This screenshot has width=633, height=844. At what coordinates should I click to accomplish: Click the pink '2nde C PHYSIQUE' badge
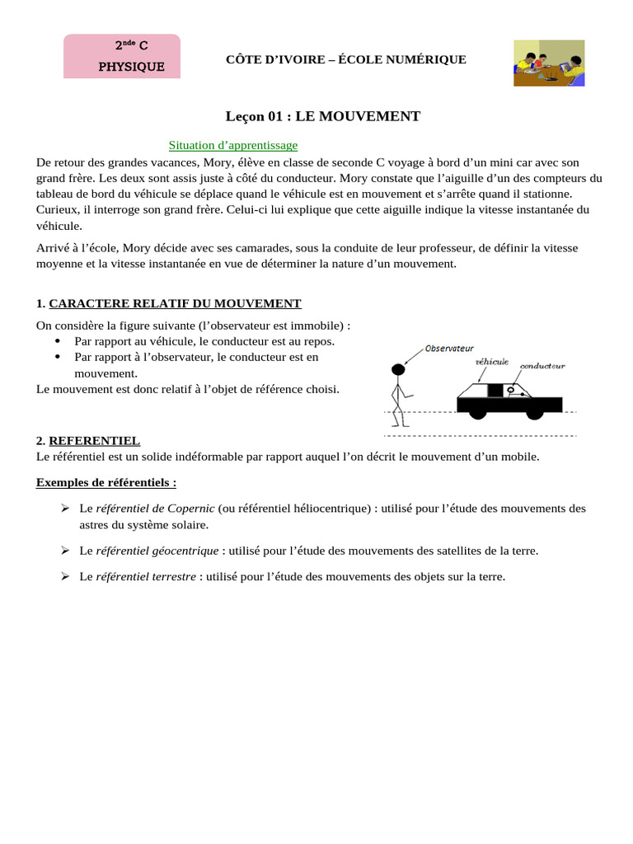coord(122,56)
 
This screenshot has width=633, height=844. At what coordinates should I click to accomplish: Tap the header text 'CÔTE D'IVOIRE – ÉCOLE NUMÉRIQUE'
coord(346,59)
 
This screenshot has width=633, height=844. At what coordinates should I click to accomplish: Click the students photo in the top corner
coord(549,63)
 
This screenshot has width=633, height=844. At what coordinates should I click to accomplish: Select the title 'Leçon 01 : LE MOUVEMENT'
coord(323,116)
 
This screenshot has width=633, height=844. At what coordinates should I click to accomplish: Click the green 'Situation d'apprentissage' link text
coord(233,145)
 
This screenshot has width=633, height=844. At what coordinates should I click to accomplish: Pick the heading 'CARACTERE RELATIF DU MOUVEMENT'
coord(175,303)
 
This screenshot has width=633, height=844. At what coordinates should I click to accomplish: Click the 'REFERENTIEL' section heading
coord(94,441)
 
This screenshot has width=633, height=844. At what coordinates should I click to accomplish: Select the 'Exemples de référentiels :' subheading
coord(106,481)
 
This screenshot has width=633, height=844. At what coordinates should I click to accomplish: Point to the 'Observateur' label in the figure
coord(449,349)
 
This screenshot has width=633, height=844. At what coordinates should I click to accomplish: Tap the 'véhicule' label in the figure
coord(492,361)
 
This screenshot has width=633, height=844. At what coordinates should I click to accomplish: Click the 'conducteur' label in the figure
coord(542,365)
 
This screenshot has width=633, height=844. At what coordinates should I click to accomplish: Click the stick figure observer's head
coord(398,369)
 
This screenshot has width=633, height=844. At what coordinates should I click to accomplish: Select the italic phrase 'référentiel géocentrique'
coord(157,551)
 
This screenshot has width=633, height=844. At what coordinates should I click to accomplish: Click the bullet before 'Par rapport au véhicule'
coord(57,341)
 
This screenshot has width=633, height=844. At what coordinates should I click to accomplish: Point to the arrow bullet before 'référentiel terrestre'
coord(65,577)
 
